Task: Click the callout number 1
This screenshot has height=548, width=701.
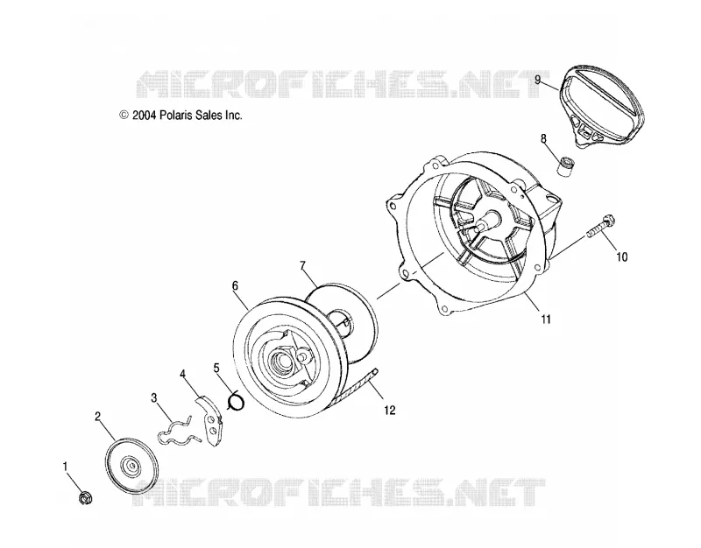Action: click(65, 467)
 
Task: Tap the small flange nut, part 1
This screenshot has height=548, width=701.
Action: click(84, 497)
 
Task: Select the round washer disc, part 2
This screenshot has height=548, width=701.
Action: click(131, 466)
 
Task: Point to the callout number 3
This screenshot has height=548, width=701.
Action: click(154, 398)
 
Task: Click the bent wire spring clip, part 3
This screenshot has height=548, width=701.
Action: click(175, 433)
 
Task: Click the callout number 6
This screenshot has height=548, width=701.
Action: click(235, 286)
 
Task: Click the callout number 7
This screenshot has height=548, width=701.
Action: click(302, 266)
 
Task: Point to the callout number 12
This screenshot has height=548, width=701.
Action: click(389, 410)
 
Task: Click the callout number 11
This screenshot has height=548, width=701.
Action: click(545, 320)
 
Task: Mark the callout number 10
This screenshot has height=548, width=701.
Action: click(622, 256)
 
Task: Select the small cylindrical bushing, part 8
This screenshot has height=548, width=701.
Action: click(565, 166)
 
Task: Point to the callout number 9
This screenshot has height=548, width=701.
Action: click(538, 80)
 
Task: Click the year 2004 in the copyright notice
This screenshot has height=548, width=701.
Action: click(144, 116)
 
